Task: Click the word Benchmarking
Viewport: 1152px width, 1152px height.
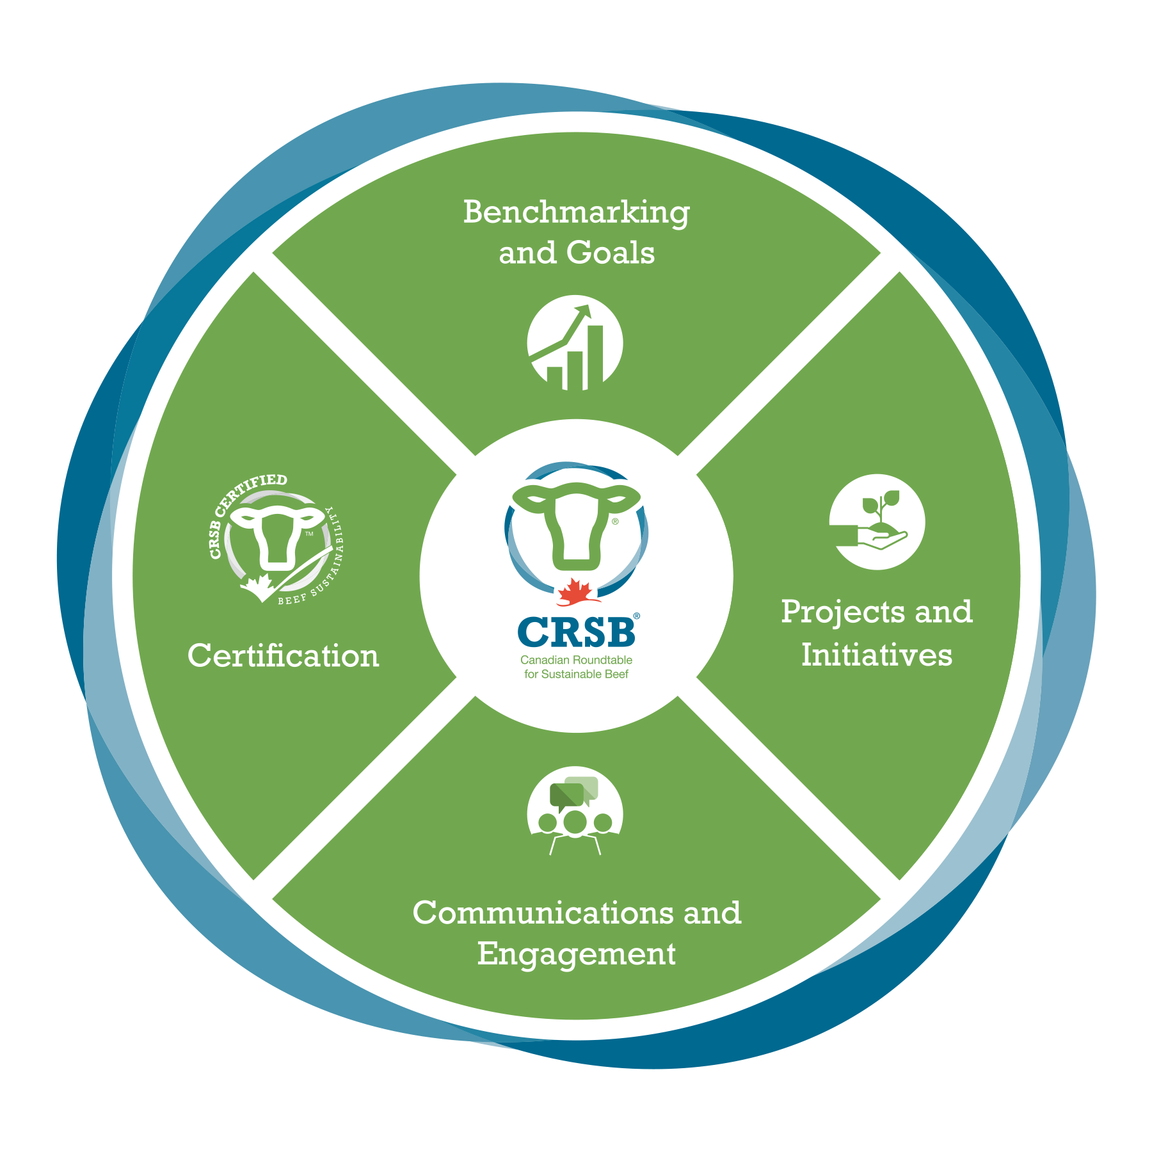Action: click(576, 212)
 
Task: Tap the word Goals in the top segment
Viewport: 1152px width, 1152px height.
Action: click(611, 253)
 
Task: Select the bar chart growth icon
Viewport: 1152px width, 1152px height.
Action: click(575, 344)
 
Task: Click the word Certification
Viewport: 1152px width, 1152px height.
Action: click(283, 656)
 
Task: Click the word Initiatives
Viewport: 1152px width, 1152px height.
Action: click(877, 655)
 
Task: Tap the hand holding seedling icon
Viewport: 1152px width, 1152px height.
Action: click(877, 522)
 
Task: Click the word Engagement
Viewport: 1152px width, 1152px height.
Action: click(576, 954)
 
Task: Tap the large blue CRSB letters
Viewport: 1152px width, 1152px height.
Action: click(576, 632)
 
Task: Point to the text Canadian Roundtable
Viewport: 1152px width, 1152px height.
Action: click(576, 660)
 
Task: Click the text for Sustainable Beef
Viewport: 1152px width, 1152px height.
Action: click(576, 674)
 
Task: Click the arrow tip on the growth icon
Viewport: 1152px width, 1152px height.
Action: click(584, 310)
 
